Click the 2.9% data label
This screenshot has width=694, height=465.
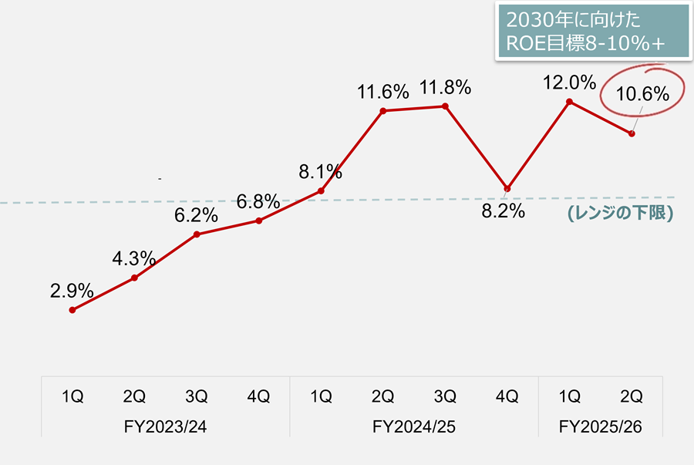72,291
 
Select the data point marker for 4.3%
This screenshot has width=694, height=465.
135,278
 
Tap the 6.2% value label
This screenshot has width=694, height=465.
197,216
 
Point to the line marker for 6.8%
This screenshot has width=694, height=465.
259,221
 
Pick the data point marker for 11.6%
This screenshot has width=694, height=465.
383,111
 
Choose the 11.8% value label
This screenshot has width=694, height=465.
445,88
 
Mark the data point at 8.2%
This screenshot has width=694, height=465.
507,189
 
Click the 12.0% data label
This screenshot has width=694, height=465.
569,82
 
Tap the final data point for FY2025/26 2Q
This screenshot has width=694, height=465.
632,134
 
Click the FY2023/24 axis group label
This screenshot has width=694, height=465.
166,426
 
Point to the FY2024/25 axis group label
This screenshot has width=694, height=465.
413,426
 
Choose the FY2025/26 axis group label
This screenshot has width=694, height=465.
600,426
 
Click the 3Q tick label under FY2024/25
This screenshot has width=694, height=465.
445,397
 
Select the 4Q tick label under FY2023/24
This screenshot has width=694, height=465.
259,397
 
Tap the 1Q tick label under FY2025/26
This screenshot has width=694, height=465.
569,397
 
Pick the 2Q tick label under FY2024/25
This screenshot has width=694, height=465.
383,397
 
